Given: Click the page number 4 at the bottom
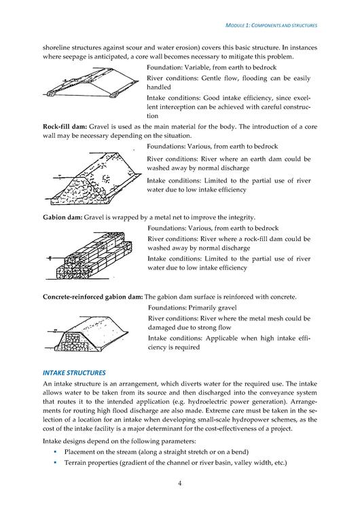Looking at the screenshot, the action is coord(180,483).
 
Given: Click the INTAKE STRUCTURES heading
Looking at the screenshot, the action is coord(74,373).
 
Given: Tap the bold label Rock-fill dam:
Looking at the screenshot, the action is coord(65,127).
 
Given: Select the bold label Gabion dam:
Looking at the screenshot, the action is coord(62,217).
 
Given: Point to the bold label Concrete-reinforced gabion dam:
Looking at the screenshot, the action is coord(92,297).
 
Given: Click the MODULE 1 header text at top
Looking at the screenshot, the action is coord(271,25).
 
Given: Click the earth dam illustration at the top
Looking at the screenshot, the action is coord(91,82).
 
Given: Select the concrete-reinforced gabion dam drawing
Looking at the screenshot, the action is coord(87,335).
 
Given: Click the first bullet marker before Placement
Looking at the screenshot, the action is coord(55,452).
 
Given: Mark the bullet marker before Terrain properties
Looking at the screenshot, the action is coord(55,463).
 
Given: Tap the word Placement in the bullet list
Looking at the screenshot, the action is coord(79,452).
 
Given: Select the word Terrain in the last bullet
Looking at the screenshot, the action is coord(75,463).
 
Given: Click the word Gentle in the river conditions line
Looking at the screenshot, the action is coord(212,78).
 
